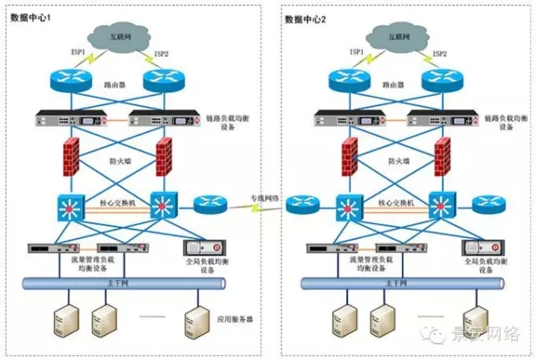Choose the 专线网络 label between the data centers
pyautogui.click(x=266, y=198)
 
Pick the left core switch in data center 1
pyautogui.click(x=69, y=205)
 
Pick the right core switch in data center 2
pyautogui.click(x=439, y=205)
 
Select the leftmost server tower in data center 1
pyautogui.click(x=64, y=320)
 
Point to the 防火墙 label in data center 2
pyautogui.click(x=400, y=157)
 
